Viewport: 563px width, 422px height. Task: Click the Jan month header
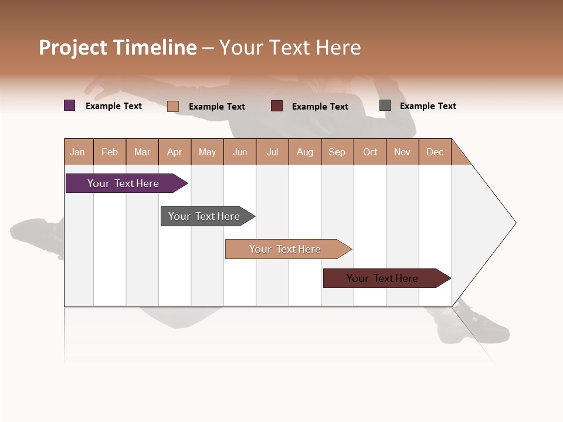tap(77, 152)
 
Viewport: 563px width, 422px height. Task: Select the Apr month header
tap(174, 152)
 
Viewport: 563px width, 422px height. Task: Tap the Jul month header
tap(272, 152)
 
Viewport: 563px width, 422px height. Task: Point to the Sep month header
tap(337, 152)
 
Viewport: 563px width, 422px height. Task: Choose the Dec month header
tap(435, 152)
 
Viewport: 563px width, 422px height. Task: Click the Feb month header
tap(110, 152)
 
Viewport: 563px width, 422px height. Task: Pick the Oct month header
tap(370, 152)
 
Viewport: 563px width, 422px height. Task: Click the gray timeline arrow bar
tap(205, 216)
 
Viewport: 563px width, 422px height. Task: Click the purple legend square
tap(70, 105)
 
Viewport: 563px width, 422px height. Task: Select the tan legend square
tap(173, 106)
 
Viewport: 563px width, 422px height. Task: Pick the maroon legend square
tap(277, 105)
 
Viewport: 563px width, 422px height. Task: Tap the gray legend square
tap(385, 105)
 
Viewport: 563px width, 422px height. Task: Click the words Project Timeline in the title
tap(118, 47)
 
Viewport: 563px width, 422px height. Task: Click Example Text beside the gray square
tap(428, 106)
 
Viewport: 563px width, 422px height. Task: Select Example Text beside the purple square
tap(114, 106)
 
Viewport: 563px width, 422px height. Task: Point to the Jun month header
tap(240, 152)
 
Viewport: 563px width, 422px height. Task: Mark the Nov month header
tap(402, 152)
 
